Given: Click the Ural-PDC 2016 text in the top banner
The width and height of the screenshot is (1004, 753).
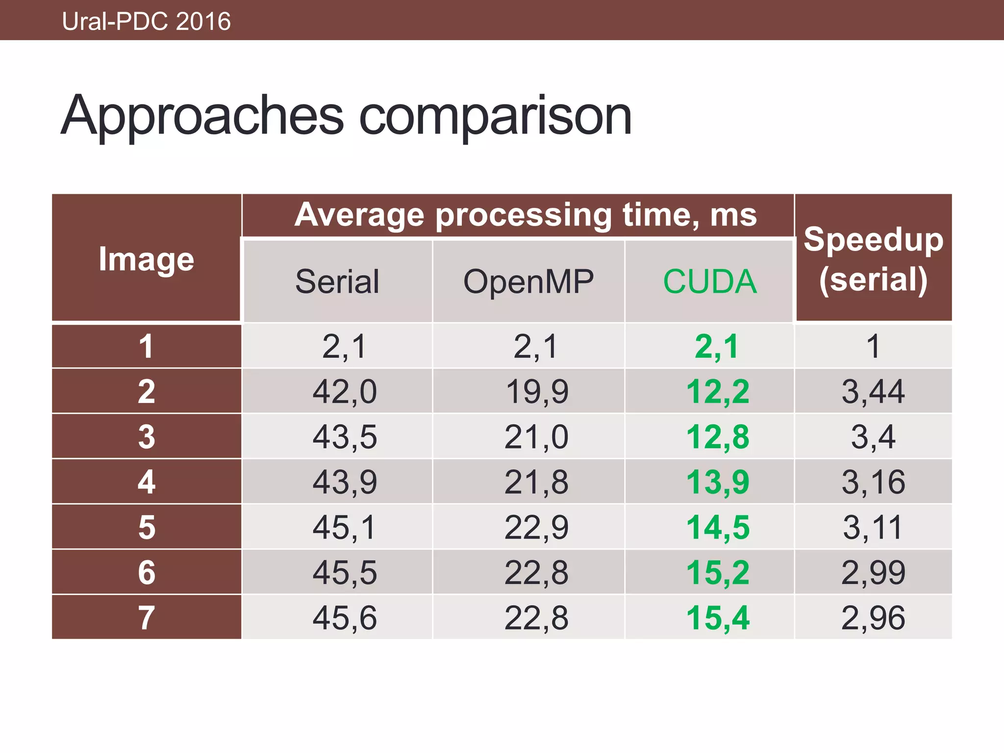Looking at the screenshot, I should click(x=146, y=22).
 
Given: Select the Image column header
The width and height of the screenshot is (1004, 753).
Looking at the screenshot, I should click(x=146, y=259).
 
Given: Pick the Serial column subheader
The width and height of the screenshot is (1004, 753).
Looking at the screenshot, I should click(x=337, y=281).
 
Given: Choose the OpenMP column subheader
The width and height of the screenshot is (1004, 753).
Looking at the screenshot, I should click(x=528, y=281).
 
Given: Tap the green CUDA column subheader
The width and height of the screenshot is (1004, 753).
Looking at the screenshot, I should click(x=710, y=281).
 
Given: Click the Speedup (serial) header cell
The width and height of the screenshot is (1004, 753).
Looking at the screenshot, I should click(x=873, y=259).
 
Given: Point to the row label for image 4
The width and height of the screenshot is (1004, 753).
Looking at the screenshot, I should click(x=147, y=481).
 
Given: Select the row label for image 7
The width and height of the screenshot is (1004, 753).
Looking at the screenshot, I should click(x=147, y=617).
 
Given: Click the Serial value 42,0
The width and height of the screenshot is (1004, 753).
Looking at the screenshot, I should click(x=345, y=392).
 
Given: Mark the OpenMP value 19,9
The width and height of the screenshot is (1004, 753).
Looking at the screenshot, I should click(x=537, y=392).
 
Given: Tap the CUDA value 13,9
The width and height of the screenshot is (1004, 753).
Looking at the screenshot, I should click(x=718, y=482).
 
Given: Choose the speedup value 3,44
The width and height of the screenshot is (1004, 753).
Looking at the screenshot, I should click(x=873, y=392).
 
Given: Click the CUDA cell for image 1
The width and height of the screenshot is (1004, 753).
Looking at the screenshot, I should click(x=717, y=347).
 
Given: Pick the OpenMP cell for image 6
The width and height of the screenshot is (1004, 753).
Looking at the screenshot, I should click(x=536, y=572).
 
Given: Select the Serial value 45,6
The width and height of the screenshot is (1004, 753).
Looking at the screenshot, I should click(x=345, y=617).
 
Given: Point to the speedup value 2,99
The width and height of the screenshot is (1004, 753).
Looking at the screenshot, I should click(x=873, y=572).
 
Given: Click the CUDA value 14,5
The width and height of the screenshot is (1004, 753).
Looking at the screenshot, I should click(x=718, y=527).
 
